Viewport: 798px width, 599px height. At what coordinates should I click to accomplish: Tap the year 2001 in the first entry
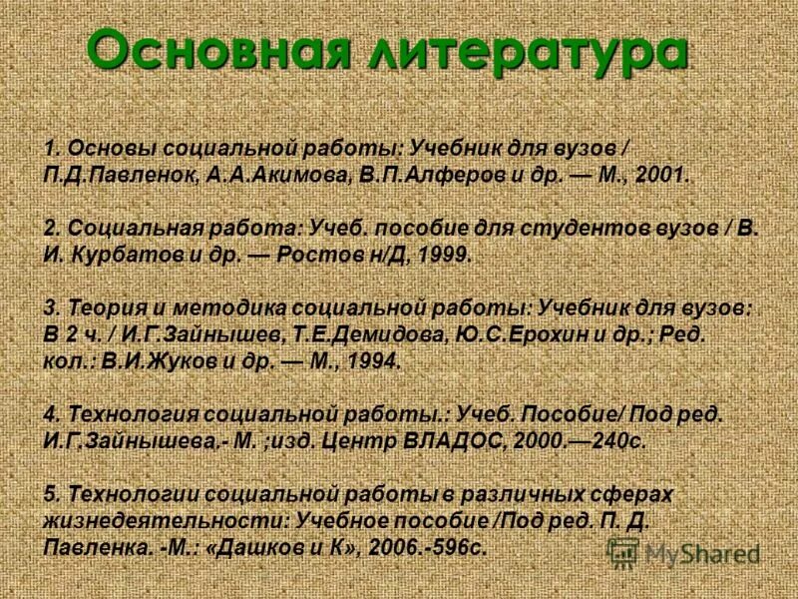tap(662, 174)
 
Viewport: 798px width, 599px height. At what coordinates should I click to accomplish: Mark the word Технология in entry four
tap(126, 415)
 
